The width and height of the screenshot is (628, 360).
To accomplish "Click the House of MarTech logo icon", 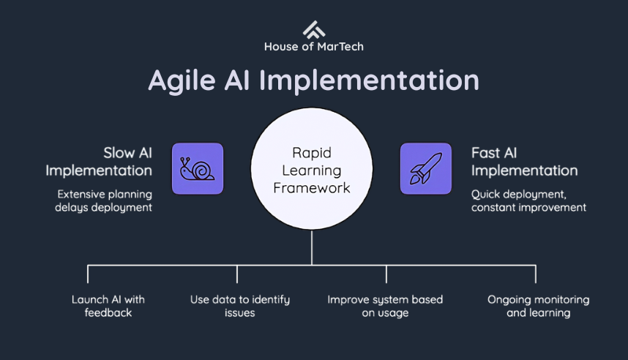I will pos(313,29).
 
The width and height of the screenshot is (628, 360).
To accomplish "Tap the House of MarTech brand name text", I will pos(313,47).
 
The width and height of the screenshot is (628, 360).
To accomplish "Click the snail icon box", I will pos(198,168).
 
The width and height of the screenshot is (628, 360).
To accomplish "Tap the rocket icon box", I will pos(425,168).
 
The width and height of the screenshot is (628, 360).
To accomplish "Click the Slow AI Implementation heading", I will pos(99,161).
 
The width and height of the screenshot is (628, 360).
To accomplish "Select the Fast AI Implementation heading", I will pos(524,161).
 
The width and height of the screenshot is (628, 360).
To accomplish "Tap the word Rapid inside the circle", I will pos(312,154).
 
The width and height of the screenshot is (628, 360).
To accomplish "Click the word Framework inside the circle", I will pos(312,188).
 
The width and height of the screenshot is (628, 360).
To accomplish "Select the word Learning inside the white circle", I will pos(312,170).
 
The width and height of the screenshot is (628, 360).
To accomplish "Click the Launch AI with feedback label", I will pos(108,306).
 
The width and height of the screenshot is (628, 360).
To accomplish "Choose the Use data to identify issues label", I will pos(240,306).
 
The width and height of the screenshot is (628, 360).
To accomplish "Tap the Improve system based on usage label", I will pos(385,306).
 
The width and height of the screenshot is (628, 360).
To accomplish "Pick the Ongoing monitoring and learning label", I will pos(538,306).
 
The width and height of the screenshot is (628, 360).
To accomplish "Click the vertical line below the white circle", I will pos(312,247).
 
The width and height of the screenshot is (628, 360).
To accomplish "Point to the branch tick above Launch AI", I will pos(88,274).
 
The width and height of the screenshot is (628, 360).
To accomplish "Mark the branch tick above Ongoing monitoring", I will pos(536,274).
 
